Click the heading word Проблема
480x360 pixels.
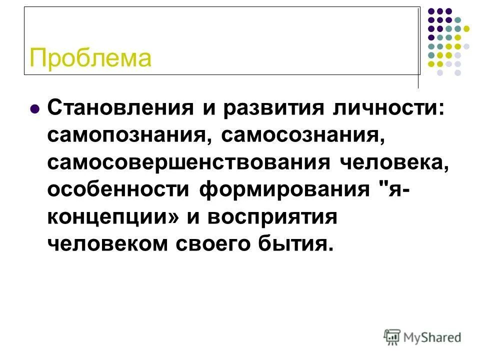[x=90, y=58]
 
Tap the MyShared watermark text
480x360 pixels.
[x=433, y=337]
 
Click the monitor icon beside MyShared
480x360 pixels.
[x=392, y=336]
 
